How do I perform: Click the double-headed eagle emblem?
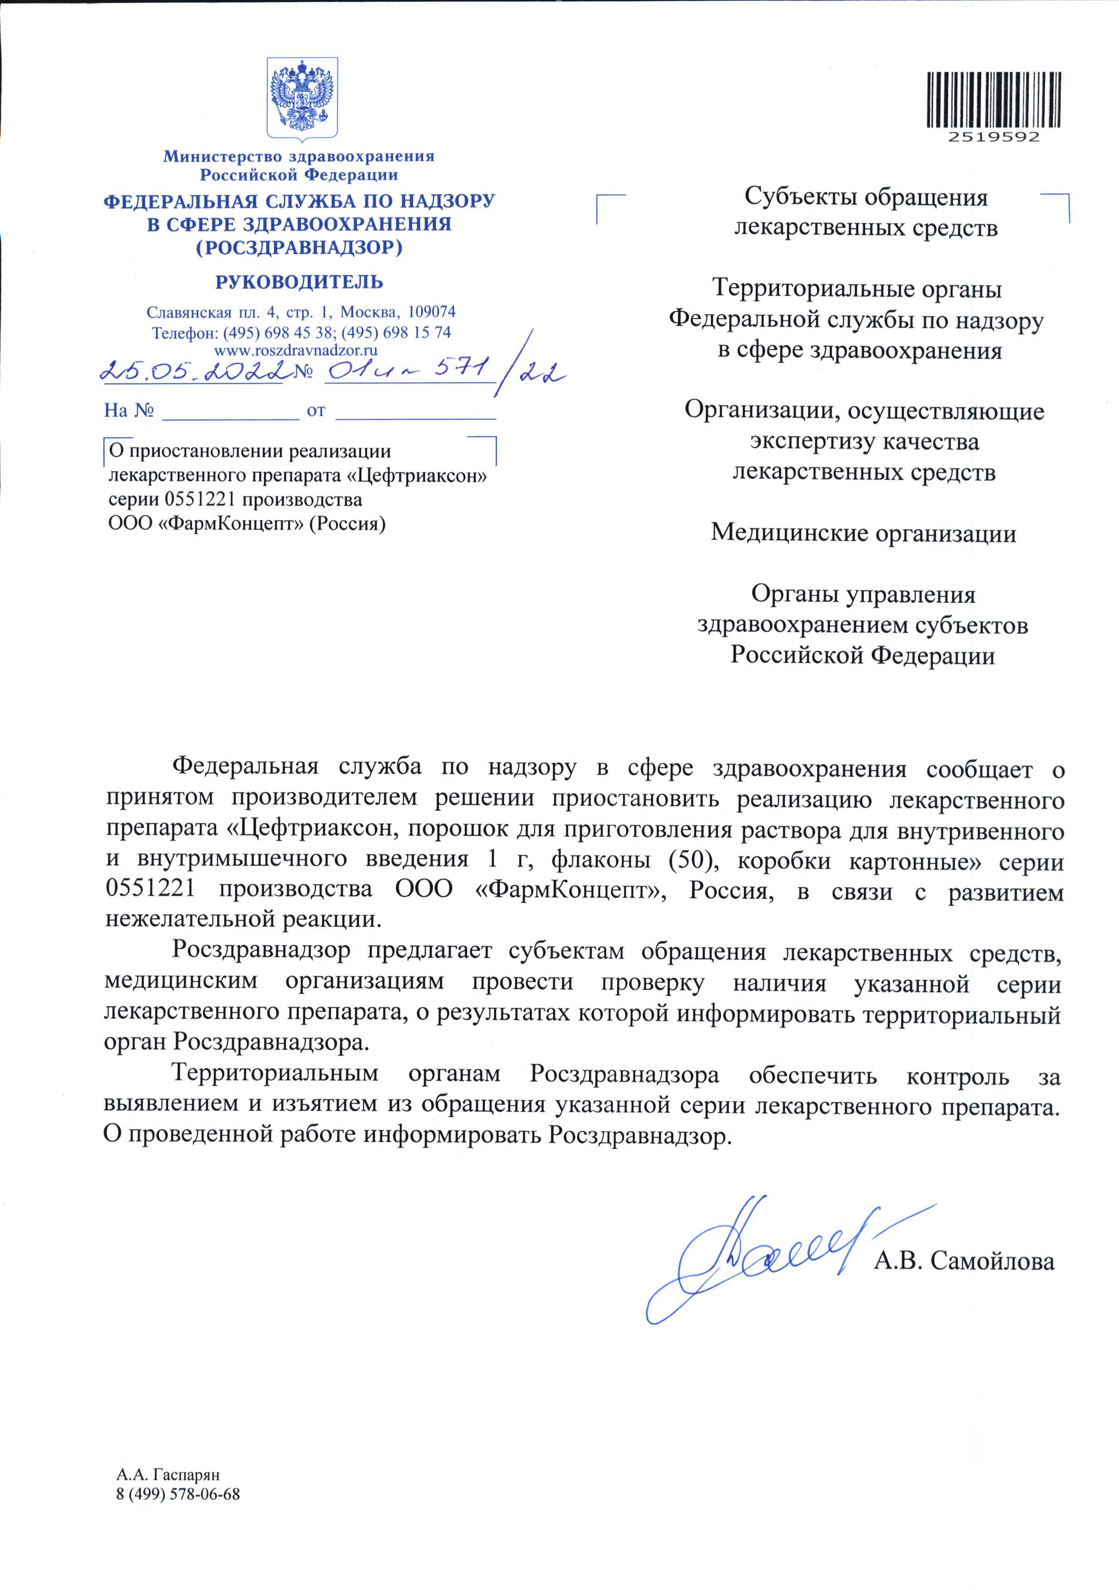point(302,97)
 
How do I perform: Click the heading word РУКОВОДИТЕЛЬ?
point(299,282)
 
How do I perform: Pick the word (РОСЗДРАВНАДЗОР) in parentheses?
point(299,247)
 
